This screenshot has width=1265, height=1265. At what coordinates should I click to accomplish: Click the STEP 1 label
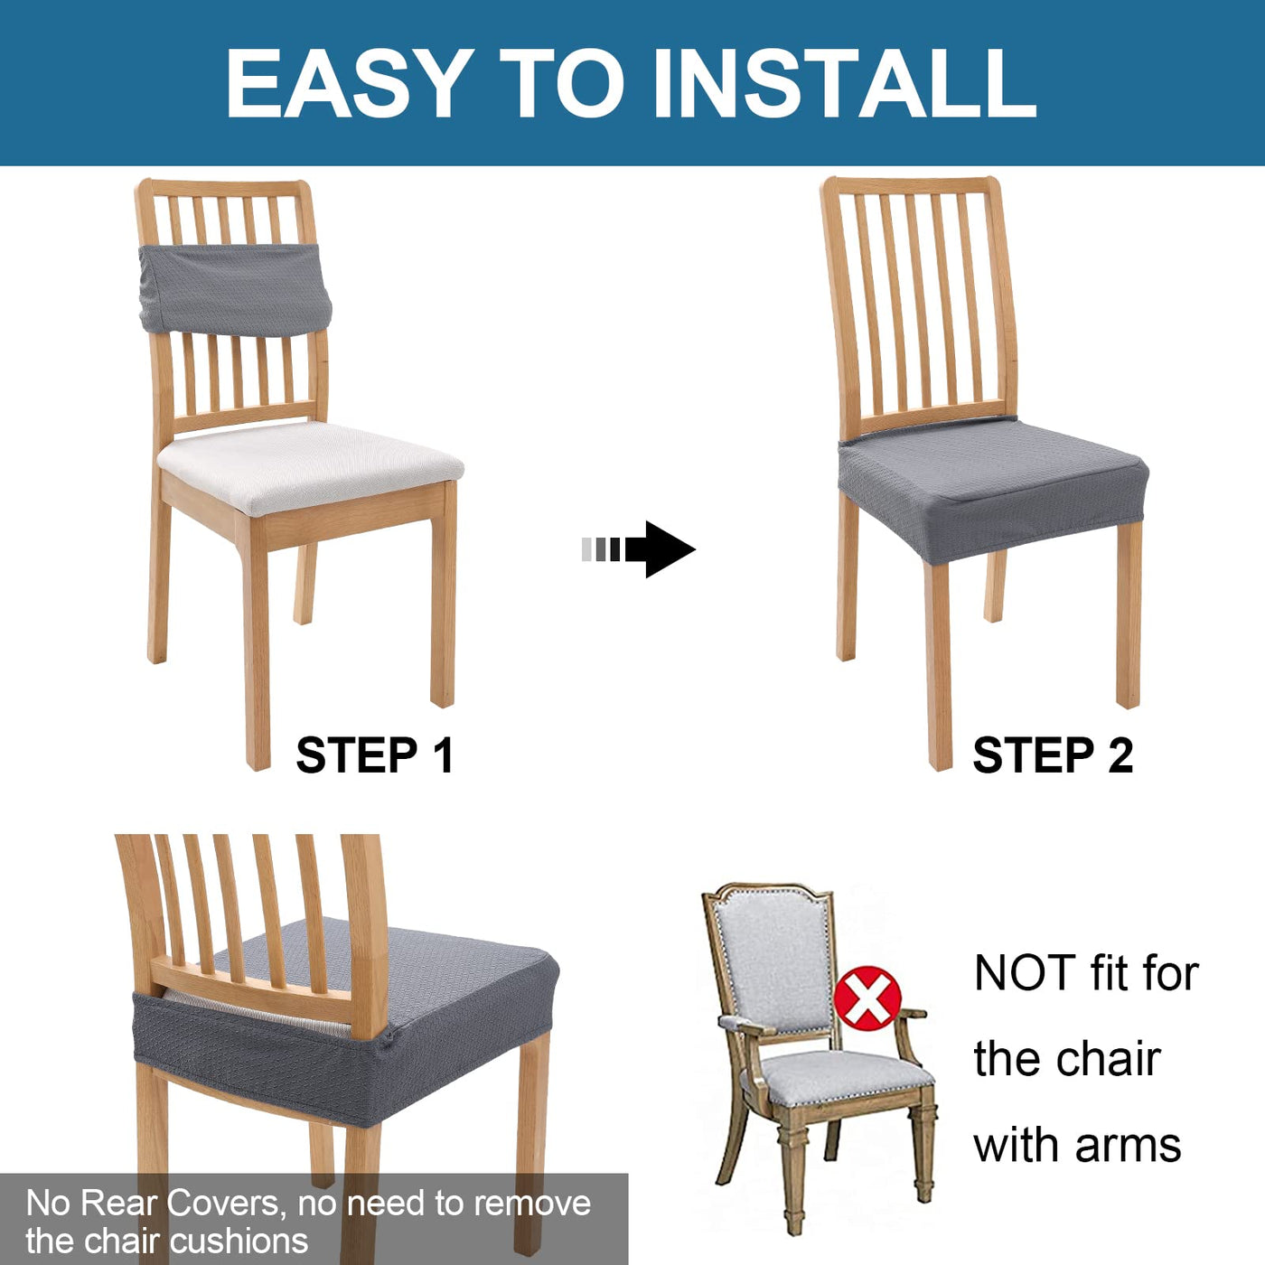[x=375, y=754]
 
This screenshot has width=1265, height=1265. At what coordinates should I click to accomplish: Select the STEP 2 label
[x=1053, y=754]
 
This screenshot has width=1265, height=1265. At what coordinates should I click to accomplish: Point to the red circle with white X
[x=867, y=998]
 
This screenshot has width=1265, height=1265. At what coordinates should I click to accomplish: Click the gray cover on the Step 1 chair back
[x=234, y=289]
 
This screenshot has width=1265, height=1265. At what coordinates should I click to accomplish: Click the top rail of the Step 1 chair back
[x=223, y=188]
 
